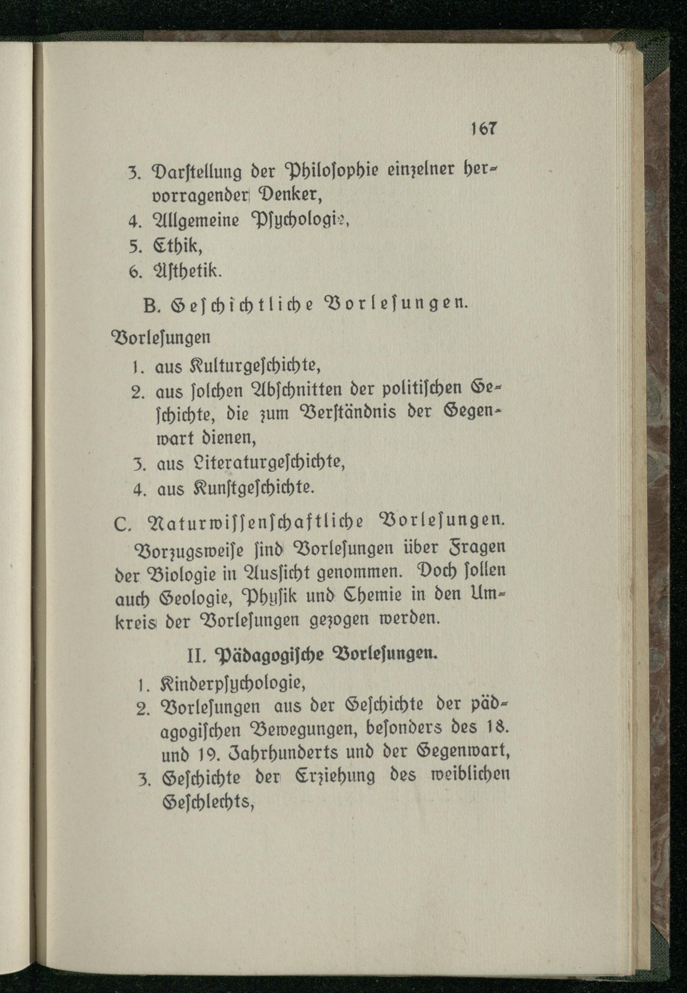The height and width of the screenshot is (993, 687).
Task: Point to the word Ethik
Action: [x=177, y=246]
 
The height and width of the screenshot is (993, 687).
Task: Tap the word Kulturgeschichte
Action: [x=255, y=366]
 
